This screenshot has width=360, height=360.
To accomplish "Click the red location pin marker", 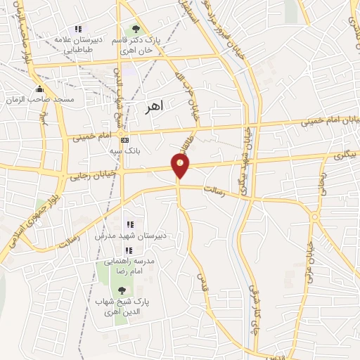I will [x=181, y=165].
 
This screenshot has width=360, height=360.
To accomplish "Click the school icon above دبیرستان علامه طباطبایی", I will [x=78, y=29].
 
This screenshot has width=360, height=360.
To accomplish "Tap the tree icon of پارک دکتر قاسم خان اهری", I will [x=138, y=29].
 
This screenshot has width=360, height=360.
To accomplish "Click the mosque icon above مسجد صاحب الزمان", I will [x=39, y=89].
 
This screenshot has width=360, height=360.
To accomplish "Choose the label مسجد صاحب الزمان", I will [x=41, y=101].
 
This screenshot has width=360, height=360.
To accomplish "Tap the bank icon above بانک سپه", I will [x=124, y=139].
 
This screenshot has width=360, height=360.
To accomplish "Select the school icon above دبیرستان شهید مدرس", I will [x=129, y=224].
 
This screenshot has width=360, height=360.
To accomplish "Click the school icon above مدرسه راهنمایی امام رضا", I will [x=128, y=250].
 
